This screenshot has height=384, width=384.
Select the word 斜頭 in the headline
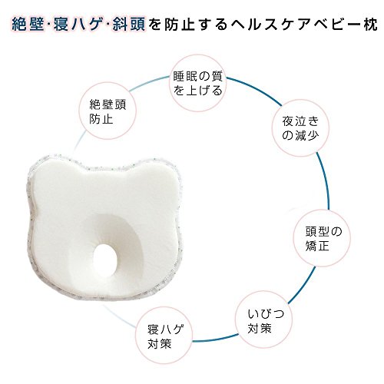coord(129,25)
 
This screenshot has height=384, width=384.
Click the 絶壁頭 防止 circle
coord(108,111)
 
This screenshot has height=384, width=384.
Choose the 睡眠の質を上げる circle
coord(197,83)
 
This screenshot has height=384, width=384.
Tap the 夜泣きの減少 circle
coord(300,127)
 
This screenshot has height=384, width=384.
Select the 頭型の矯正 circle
coord(323,238)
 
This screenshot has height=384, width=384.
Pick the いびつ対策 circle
coord(264,319)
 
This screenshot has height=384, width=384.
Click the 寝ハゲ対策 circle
coord(164,336)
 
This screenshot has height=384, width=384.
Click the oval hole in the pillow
coord(105,260)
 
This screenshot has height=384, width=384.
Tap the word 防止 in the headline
coord(179,25)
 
